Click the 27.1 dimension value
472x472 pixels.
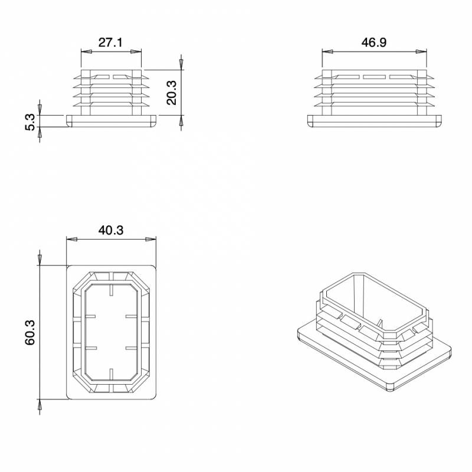[x=110, y=43]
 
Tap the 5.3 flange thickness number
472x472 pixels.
[x=31, y=122]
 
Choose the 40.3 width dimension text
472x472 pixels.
[x=111, y=231]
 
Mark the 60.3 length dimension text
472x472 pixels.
[x=31, y=332]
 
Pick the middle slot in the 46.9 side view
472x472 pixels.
[x=373, y=77]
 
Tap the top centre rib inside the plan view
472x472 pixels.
[x=111, y=290]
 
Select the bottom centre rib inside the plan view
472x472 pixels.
[x=111, y=373]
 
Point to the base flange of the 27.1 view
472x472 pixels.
[x=111, y=120]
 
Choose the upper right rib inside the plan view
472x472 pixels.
[x=131, y=317]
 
